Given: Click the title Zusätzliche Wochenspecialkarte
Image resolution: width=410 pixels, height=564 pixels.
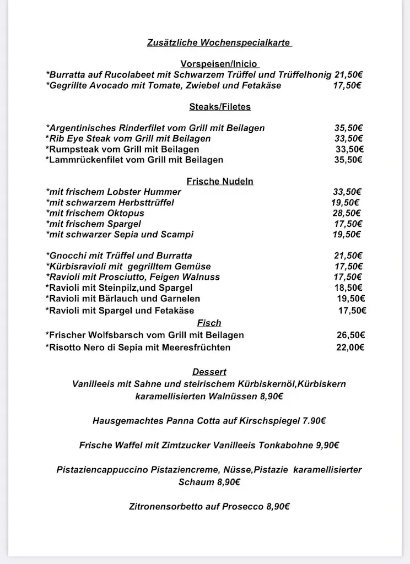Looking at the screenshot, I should tap(219, 42).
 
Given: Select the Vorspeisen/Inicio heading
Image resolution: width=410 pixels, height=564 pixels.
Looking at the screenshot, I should tap(219, 64).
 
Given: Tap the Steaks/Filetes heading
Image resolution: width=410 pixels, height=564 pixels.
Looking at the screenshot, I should tap(219, 106).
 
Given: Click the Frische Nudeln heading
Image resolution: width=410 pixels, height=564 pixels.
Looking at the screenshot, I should tap(220, 181).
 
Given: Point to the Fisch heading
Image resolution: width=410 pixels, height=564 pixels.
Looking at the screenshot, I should tap(209, 323).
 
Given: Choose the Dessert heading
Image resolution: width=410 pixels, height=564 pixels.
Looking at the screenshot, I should tap(209, 372).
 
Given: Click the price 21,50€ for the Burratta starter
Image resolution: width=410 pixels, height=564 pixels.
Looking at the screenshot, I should tap(348, 75).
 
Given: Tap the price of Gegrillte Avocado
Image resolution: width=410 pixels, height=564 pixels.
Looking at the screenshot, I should tap(347, 85).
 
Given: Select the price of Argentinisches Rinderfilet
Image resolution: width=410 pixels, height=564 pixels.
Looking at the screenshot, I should tap(348, 128).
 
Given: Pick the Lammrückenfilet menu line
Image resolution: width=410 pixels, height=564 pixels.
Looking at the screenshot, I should tap(134, 160).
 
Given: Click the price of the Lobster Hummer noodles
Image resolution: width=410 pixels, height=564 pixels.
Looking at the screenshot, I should tap(347, 192).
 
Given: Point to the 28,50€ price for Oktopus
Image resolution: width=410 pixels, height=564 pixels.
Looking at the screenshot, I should tap(347, 213).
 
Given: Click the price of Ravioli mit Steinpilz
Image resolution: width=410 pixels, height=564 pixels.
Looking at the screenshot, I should tap(348, 288).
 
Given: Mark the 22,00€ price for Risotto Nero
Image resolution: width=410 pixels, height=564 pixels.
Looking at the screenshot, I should tap(350, 348).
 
